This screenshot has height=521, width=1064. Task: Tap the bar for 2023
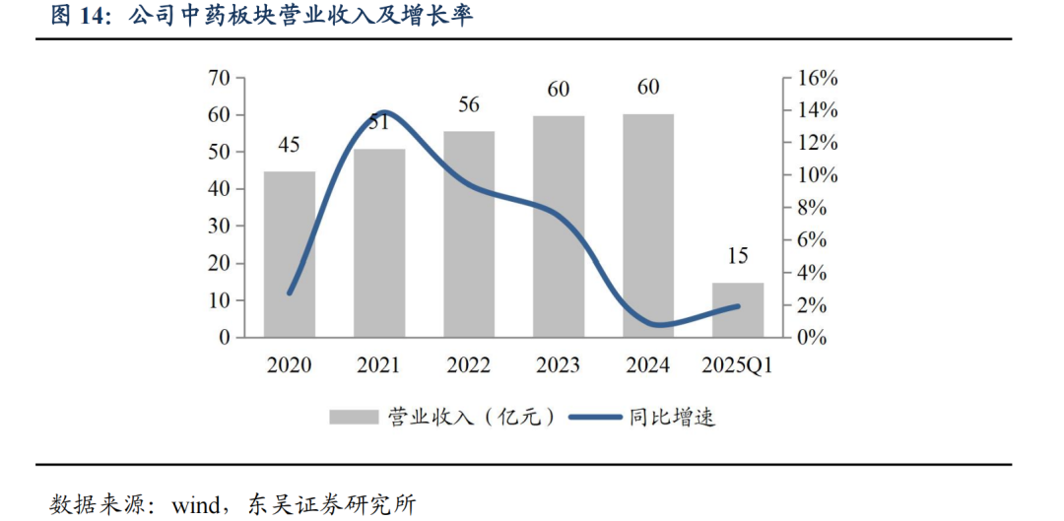coord(559,227)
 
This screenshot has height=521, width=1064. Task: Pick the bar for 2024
coord(648,226)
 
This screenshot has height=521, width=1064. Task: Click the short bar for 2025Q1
coord(737,310)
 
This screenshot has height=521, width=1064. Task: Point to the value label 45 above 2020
coord(289,146)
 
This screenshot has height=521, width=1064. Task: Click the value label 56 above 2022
coord(468,105)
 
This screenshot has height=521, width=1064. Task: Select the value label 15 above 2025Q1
coord(737,257)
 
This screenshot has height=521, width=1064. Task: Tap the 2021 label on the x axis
coord(378,365)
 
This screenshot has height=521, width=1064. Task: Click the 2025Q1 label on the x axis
coord(737,365)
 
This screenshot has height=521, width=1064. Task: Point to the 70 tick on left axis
coord(219,78)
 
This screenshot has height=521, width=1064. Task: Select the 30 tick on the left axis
coord(219,227)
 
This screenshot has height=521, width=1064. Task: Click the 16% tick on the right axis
coord(817,78)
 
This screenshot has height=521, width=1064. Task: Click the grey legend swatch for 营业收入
coord(354,417)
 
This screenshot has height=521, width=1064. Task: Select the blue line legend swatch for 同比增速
coord(595,417)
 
